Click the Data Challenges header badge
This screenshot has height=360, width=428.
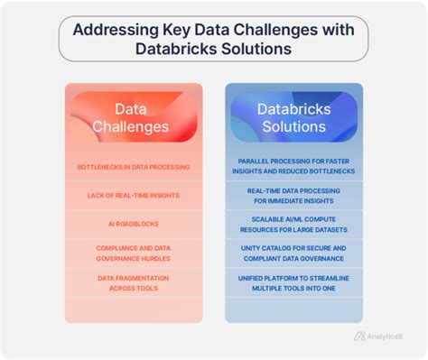pos(131,117)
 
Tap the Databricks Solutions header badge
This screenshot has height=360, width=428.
pos(293,117)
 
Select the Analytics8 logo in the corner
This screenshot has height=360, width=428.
pos(379,337)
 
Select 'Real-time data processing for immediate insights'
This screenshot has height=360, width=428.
pos(293,196)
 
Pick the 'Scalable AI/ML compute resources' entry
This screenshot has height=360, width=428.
pos(293,224)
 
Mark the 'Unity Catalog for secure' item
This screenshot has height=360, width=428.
pos(293,252)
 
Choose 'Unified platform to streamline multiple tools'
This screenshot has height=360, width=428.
pos(293,282)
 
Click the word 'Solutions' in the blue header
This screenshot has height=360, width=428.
pos(293,127)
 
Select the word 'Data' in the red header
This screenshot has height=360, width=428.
pos(131,108)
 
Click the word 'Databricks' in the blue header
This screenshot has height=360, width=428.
pos(293,108)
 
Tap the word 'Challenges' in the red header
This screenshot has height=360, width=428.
pos(131,127)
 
